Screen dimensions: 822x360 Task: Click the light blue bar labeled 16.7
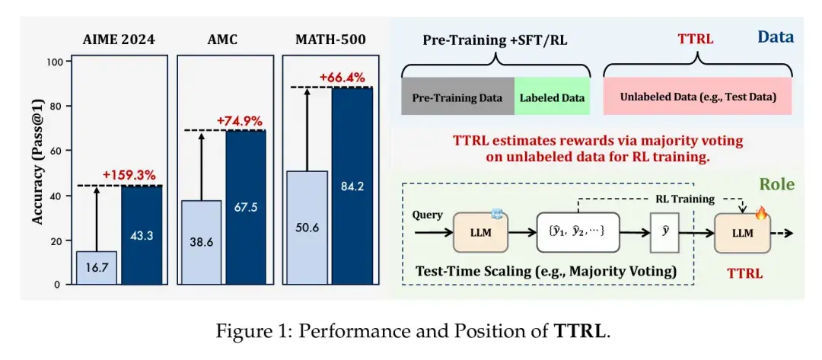[97, 268]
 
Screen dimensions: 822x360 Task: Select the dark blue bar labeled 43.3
[142, 235]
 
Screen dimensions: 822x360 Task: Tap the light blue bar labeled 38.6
[202, 243]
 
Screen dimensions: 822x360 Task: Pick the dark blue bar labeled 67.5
[246, 208]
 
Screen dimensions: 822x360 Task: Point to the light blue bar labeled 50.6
[307, 228]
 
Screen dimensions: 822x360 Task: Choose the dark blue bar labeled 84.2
[352, 186]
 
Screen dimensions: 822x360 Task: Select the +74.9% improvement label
[239, 121]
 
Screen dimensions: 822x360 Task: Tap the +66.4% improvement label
[342, 78]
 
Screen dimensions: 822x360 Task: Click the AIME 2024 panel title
[119, 40]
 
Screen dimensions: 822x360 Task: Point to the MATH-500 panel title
[330, 40]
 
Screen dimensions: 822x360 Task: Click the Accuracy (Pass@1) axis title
[37, 171]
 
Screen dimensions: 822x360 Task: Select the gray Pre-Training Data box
[457, 97]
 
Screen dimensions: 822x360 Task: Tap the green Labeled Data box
[552, 97]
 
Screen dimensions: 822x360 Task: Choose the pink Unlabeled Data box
[697, 97]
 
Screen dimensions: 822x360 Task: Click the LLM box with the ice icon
[480, 231]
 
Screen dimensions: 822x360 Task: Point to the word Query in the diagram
[426, 215]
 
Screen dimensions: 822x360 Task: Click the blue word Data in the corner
[776, 37]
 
